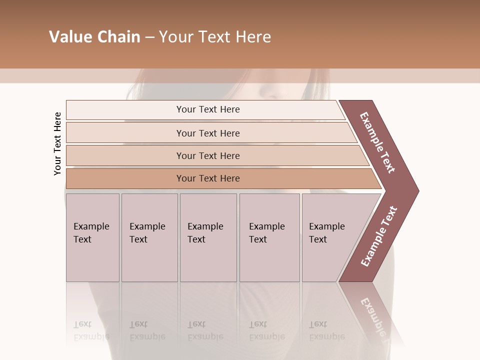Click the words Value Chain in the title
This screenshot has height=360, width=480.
pos(94,37)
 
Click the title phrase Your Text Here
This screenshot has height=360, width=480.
pos(214,37)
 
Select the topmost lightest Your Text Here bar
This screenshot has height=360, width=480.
pos(207,109)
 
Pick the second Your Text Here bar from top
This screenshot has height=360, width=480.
pos(207,133)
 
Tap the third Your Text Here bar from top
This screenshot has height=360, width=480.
pos(207,155)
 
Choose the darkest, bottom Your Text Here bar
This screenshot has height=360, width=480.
pos(207,178)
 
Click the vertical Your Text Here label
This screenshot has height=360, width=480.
pos(57,143)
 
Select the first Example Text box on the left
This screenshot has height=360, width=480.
pos(92,237)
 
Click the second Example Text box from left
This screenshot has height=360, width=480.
pos(149,237)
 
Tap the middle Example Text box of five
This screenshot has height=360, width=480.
pos(208,237)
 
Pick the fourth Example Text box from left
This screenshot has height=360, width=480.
pos(269,237)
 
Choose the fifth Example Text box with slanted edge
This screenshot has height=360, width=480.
pos(330,237)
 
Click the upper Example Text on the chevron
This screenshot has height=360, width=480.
pos(377,142)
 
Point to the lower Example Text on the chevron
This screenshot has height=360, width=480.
pos(379,236)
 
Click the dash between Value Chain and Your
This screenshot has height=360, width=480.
pos(149,37)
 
